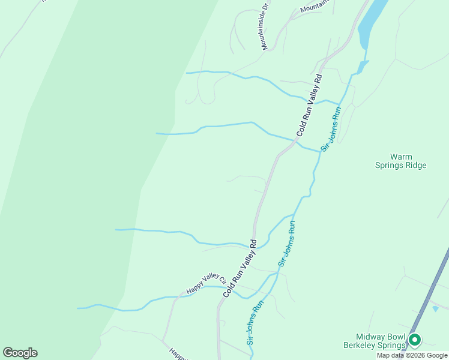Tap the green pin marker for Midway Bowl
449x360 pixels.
pos(414,341)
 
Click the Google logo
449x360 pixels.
pos(20,353)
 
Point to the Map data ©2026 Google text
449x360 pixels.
pos(412,355)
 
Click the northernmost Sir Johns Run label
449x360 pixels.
pos(331,128)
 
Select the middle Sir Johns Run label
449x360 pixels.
pos(288,245)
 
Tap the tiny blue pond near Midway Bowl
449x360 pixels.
pos(435,308)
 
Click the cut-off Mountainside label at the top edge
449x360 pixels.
pos(315,6)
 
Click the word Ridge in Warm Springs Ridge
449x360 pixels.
pos(415,165)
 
